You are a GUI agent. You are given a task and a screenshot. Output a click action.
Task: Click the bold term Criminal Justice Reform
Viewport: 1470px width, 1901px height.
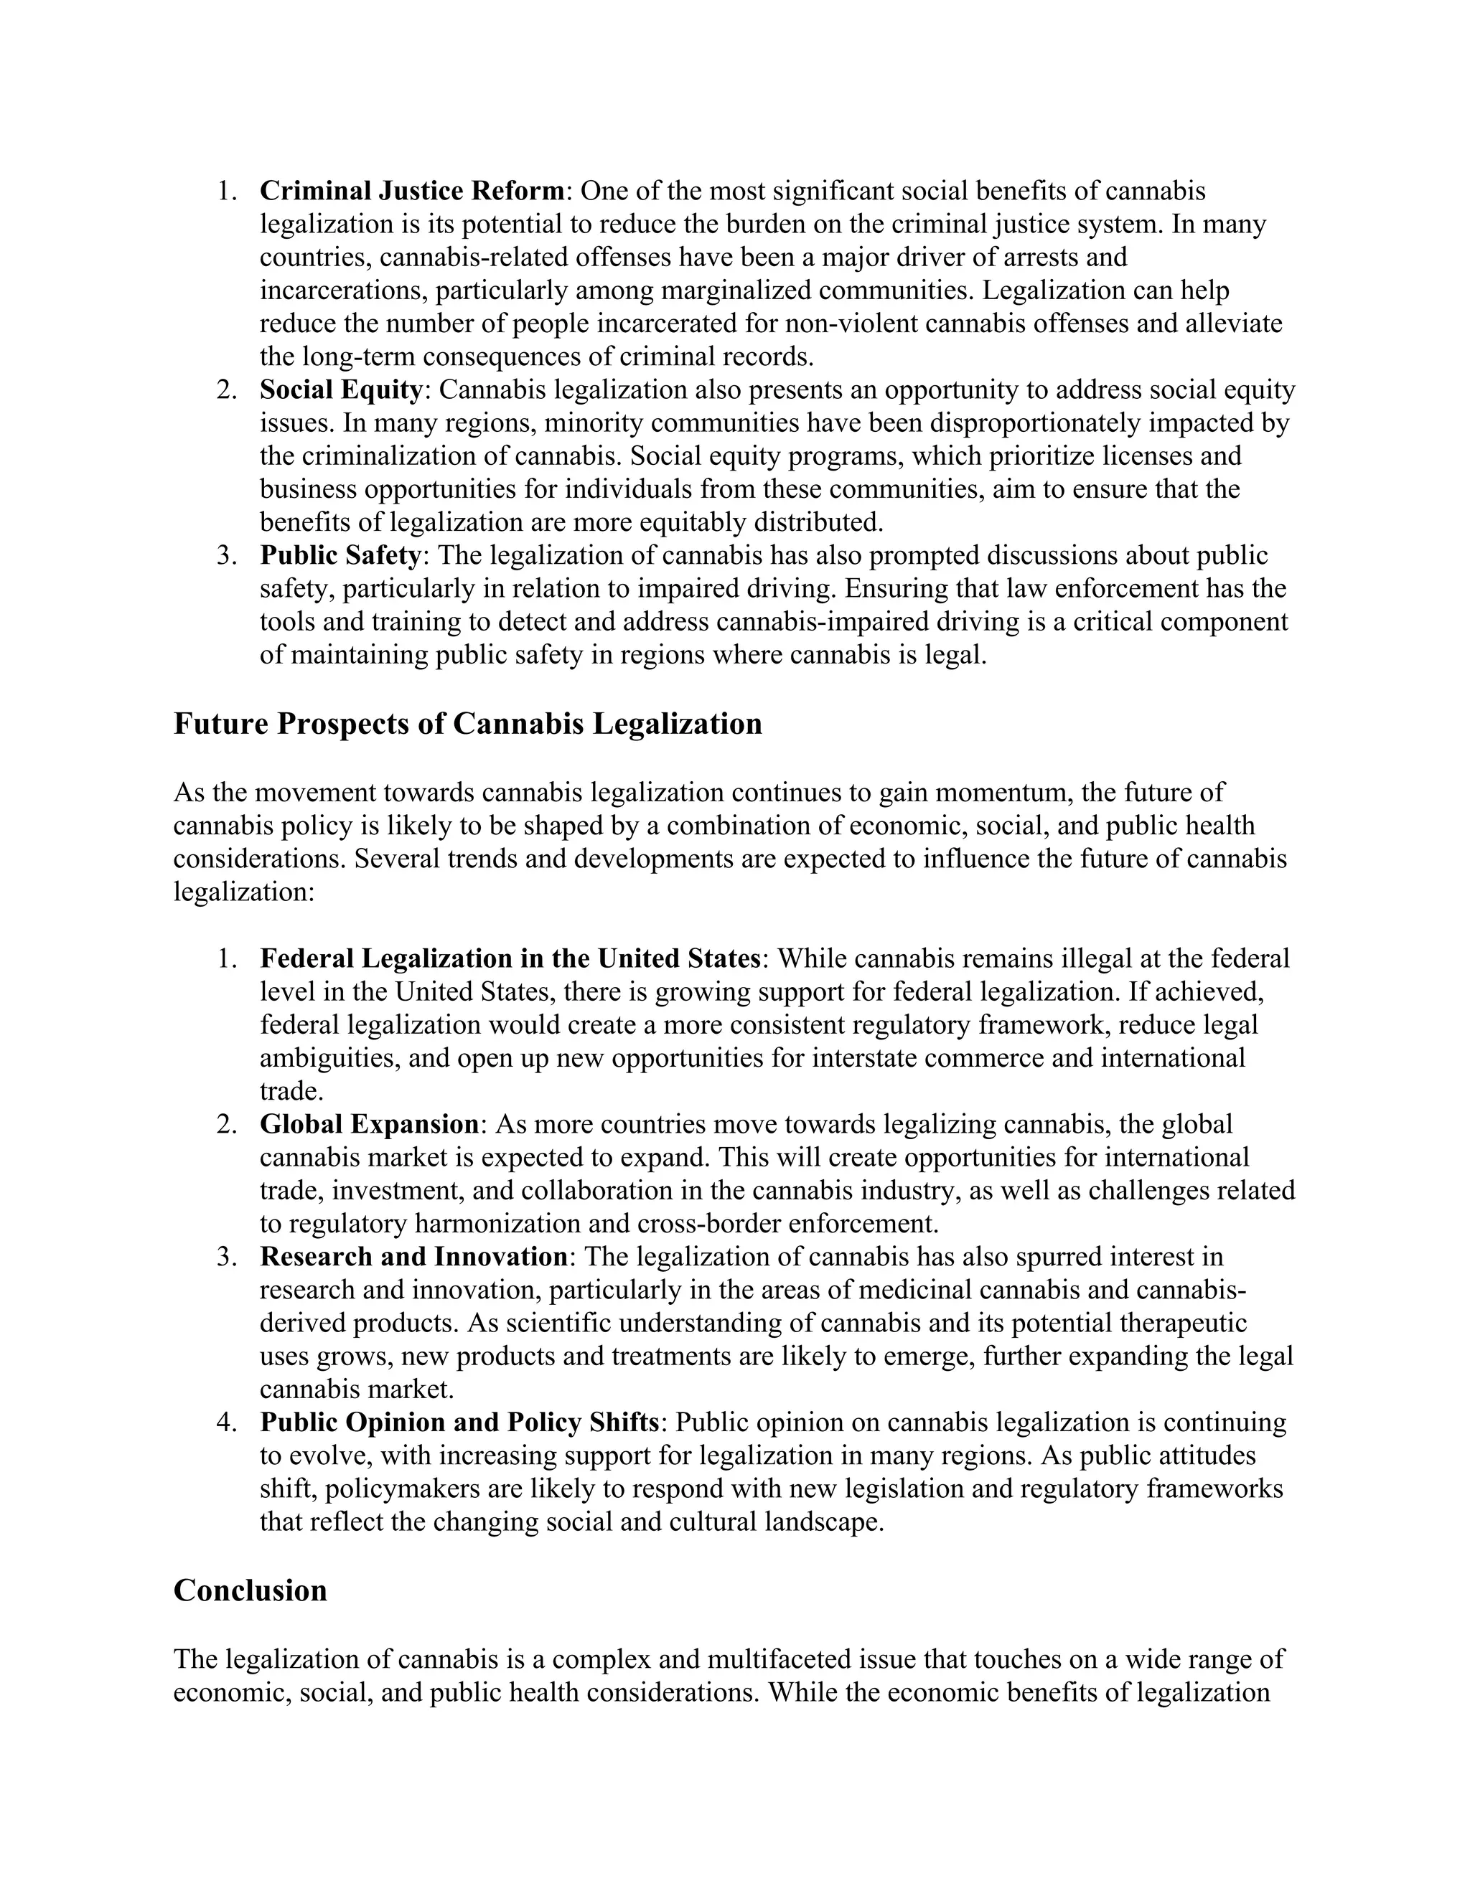pyautogui.click(x=412, y=191)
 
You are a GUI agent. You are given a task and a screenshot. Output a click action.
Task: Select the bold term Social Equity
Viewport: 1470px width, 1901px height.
pyautogui.click(x=340, y=389)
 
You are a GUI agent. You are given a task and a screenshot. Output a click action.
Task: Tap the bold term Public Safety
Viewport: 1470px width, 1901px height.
pyautogui.click(x=340, y=555)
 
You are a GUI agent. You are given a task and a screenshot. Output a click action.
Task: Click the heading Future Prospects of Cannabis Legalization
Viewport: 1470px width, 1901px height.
pyautogui.click(x=468, y=723)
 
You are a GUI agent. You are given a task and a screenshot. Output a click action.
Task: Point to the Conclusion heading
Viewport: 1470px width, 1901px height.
pyautogui.click(x=250, y=1590)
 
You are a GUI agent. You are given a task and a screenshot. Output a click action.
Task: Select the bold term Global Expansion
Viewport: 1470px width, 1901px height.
pyautogui.click(x=369, y=1123)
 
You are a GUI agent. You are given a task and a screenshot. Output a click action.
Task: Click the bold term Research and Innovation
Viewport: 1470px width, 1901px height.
pyautogui.click(x=413, y=1256)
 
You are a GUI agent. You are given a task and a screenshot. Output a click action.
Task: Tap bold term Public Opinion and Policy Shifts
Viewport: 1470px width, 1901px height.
pyautogui.click(x=459, y=1421)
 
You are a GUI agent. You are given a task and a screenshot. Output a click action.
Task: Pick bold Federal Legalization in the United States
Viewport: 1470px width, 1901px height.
pyautogui.click(x=510, y=958)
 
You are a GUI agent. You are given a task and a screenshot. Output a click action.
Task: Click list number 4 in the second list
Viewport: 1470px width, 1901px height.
pyautogui.click(x=226, y=1421)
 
